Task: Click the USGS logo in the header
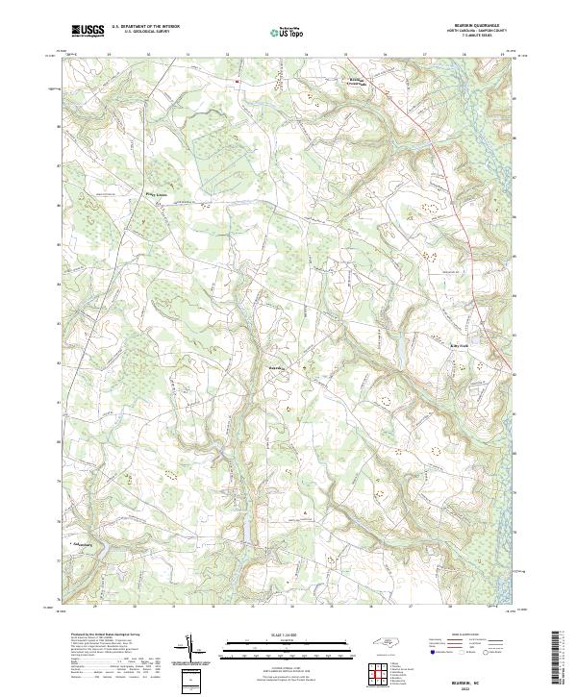(x=88, y=31)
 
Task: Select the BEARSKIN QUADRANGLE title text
(x=477, y=27)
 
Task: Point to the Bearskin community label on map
(x=276, y=366)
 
